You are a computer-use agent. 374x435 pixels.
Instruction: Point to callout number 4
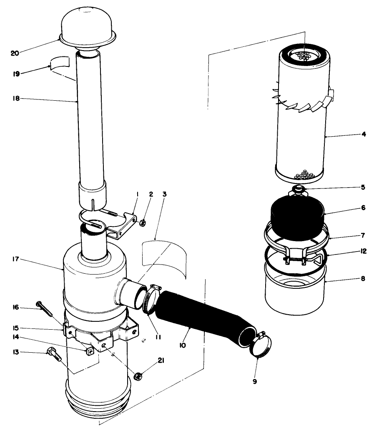point(364,134)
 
